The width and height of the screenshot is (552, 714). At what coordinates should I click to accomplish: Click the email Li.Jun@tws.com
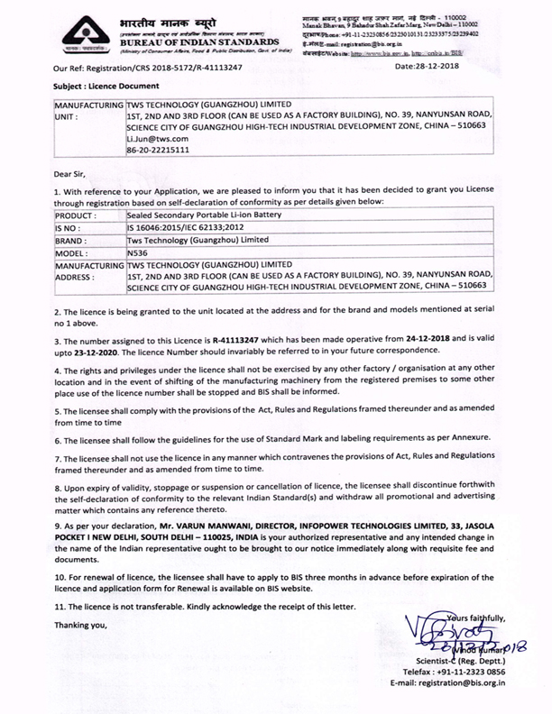[x=157, y=139]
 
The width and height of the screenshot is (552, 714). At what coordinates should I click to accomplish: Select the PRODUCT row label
[x=76, y=217]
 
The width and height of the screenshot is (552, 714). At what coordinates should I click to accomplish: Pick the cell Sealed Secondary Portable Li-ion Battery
[x=205, y=217]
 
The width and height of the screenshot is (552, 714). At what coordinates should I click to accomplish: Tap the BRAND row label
[x=71, y=243]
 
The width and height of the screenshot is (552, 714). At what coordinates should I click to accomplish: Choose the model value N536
[x=139, y=255]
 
